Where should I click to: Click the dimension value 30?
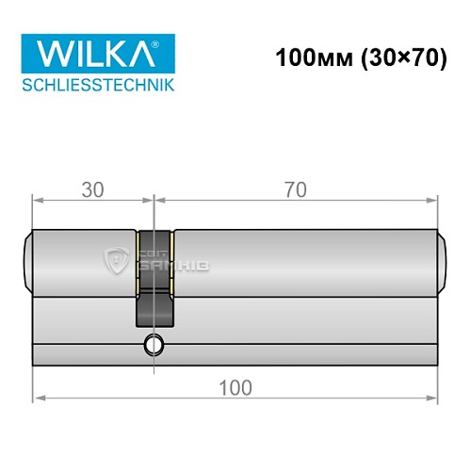pos(92,189)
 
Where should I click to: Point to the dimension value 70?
pos(295,189)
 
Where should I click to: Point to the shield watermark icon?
pos(117,258)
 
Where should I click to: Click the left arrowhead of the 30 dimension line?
pos(38,200)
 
